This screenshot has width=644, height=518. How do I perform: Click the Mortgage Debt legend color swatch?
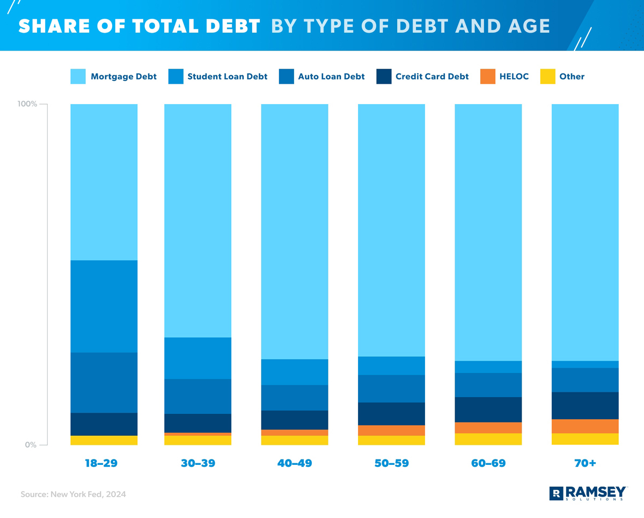click(x=78, y=77)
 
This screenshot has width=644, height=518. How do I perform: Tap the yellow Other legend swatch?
click(x=546, y=77)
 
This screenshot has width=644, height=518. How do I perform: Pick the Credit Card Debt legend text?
click(x=431, y=77)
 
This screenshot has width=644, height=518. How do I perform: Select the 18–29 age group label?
click(x=101, y=463)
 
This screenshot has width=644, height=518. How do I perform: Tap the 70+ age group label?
click(x=585, y=463)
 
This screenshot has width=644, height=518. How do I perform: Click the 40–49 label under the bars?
click(x=294, y=463)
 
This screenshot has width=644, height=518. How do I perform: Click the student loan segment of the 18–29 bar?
click(x=104, y=306)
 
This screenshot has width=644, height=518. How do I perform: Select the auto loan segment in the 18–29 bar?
click(x=104, y=382)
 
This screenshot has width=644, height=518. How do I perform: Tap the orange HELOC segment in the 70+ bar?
click(x=585, y=426)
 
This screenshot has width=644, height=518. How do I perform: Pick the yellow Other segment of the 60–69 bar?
click(x=488, y=439)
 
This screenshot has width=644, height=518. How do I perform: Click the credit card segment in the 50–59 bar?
click(x=391, y=413)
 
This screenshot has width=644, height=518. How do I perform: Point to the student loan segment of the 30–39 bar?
click(x=197, y=358)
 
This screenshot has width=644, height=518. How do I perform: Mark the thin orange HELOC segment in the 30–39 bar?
click(x=197, y=434)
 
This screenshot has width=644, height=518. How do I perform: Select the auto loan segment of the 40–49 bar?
click(x=294, y=397)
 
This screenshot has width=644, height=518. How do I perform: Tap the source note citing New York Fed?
click(x=73, y=494)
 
